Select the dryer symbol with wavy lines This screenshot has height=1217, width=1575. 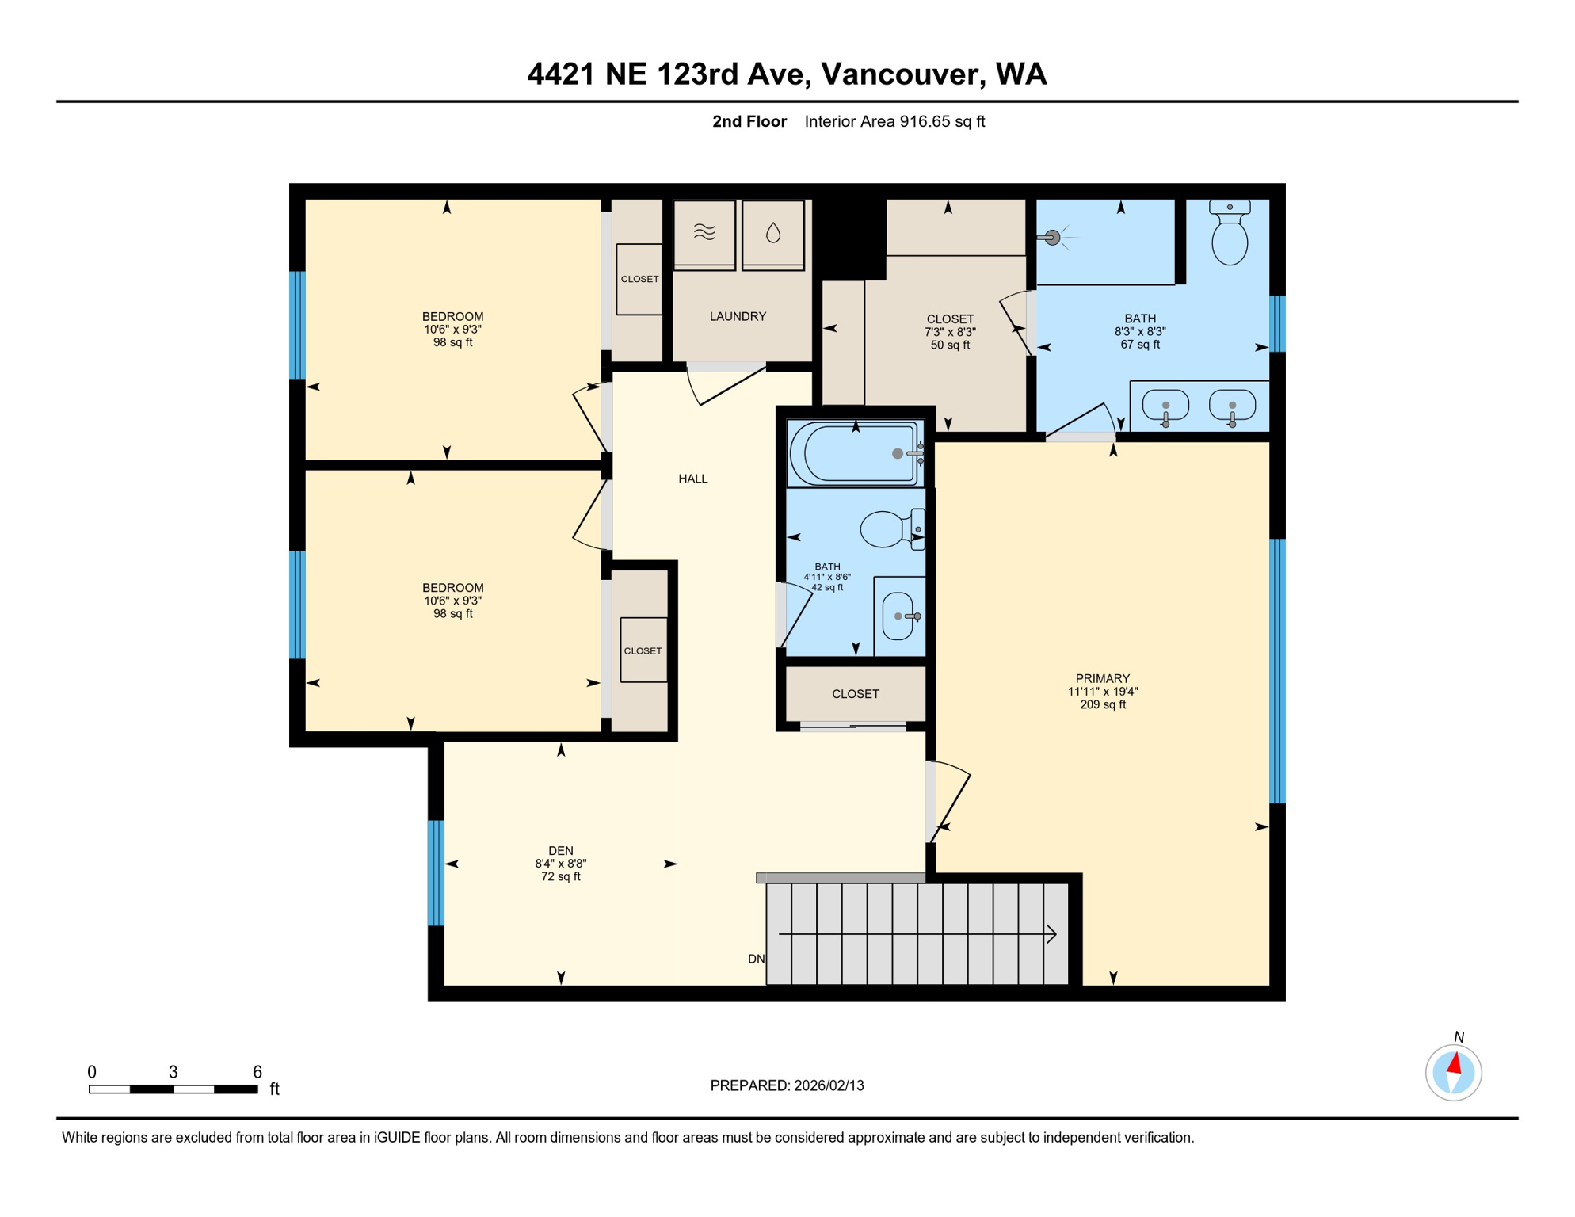click(x=704, y=232)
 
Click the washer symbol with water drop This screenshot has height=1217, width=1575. click(x=773, y=233)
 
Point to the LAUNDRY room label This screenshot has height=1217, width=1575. click(x=738, y=316)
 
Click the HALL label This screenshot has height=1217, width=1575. click(x=693, y=479)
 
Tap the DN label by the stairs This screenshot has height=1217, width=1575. click(x=756, y=959)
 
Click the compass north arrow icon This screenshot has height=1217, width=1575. click(x=1454, y=1066)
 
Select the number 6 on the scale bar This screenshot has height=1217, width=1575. click(x=257, y=1072)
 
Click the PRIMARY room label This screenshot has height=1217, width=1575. click(x=1102, y=678)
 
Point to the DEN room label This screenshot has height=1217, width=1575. click(x=560, y=851)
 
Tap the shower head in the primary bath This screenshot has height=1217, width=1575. click(x=1052, y=237)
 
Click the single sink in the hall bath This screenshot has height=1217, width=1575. click(x=898, y=616)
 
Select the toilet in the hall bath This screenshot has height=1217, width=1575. click(x=887, y=529)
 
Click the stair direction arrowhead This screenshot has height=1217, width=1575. click(x=1052, y=934)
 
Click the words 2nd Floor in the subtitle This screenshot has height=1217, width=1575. click(x=749, y=121)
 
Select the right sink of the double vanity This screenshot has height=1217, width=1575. click(x=1232, y=405)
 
